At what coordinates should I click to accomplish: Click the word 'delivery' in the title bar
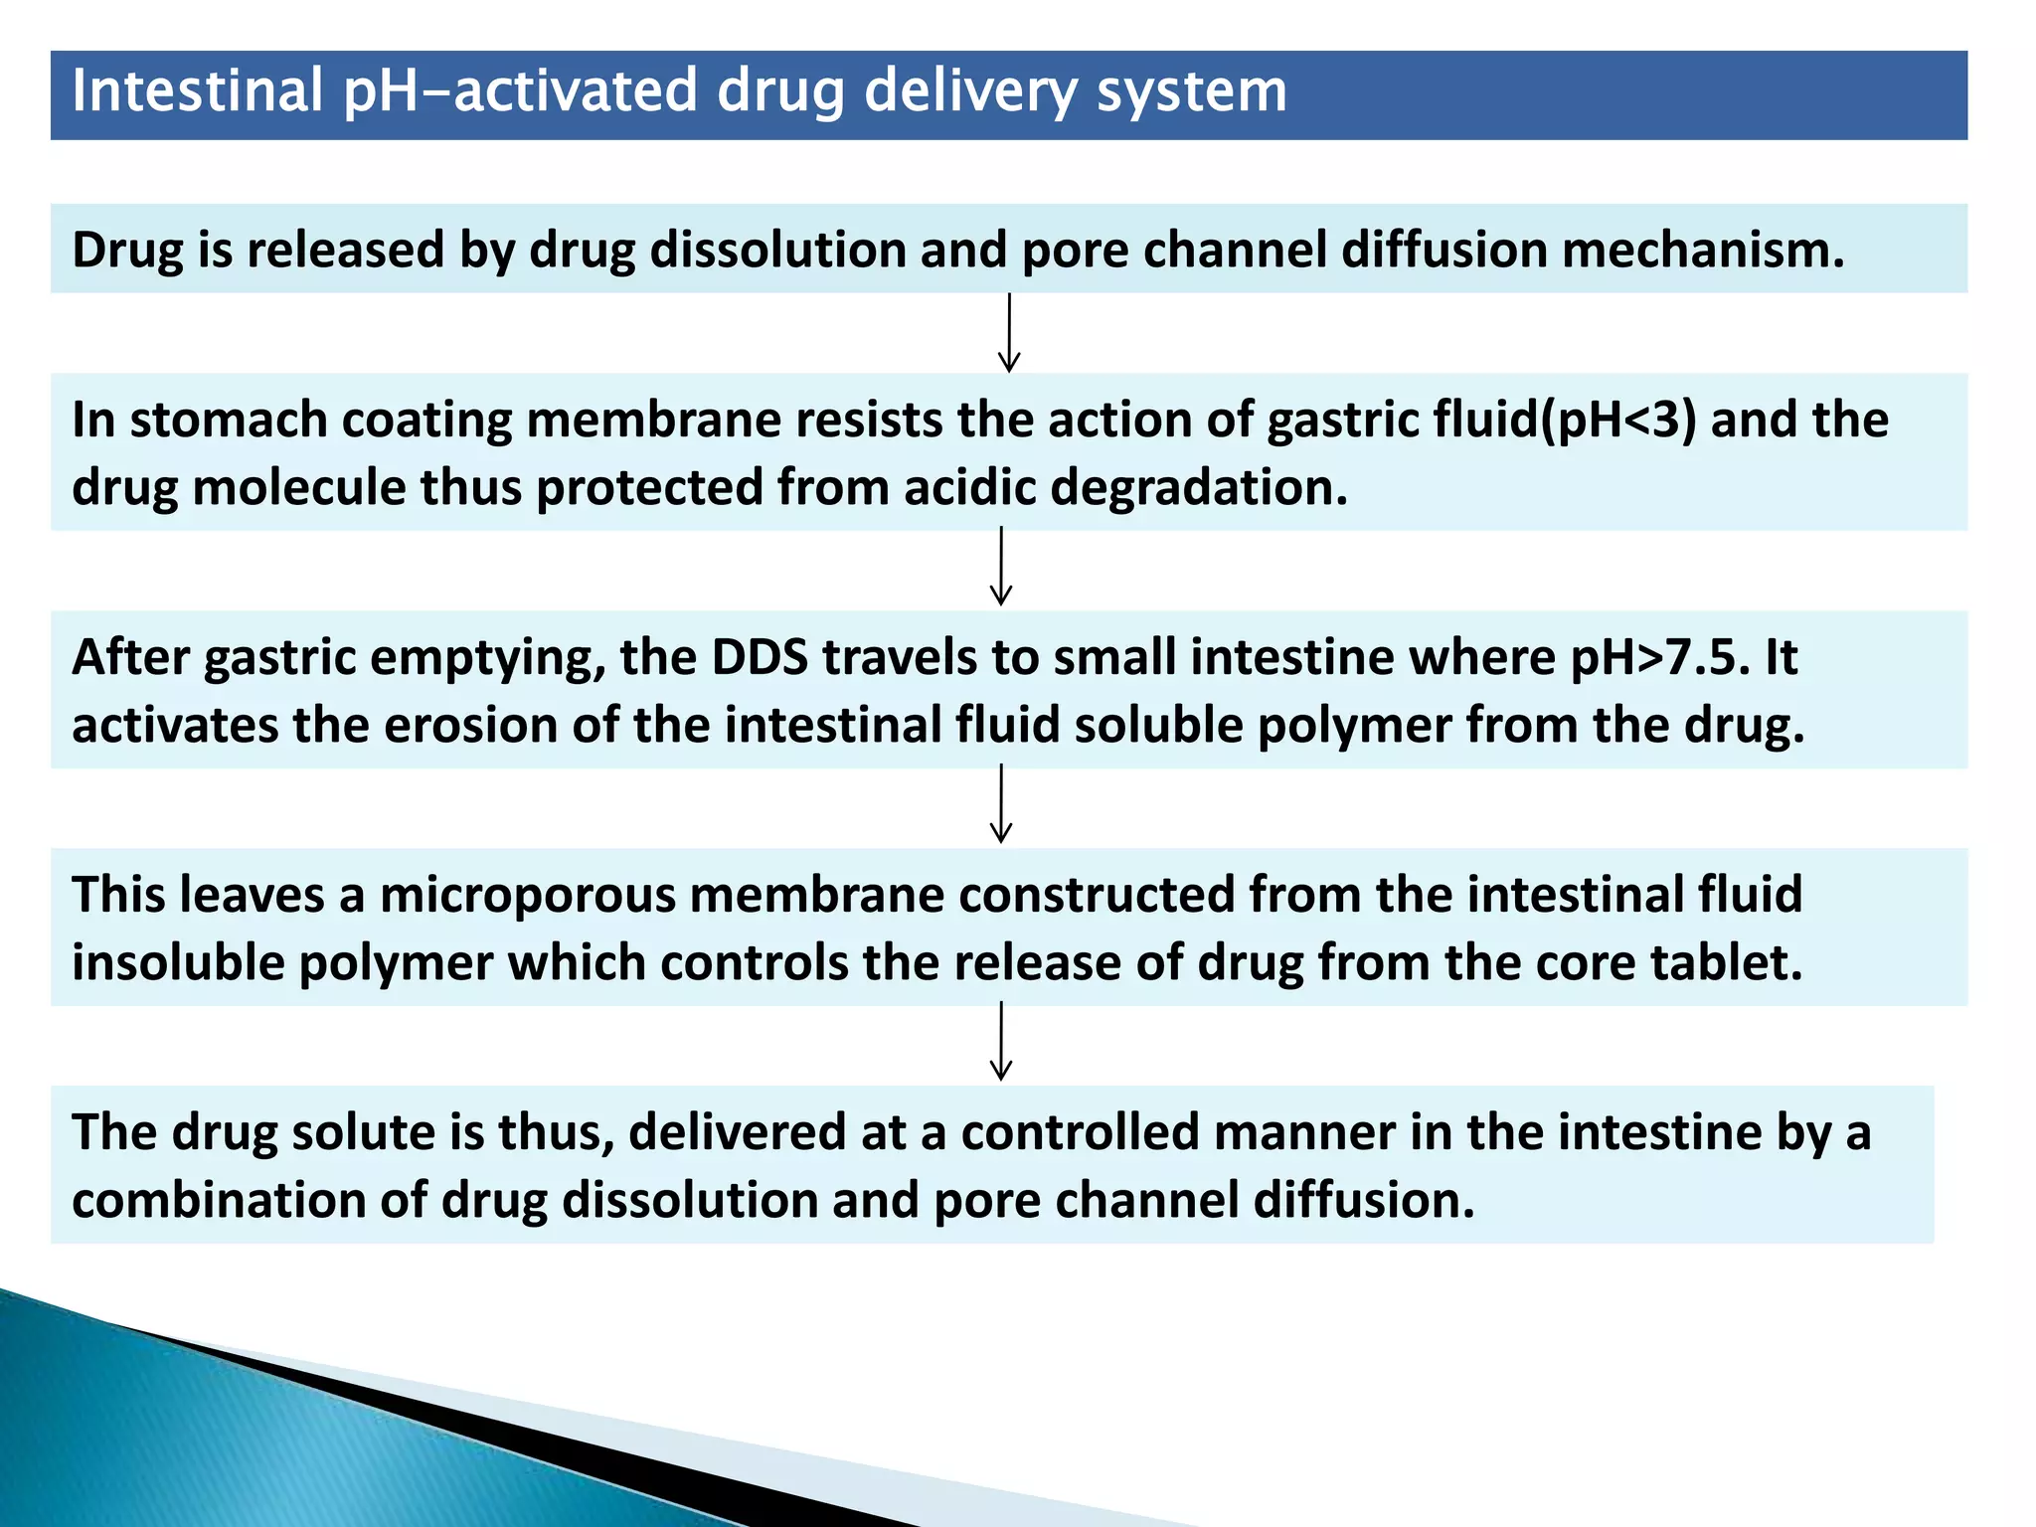point(970,92)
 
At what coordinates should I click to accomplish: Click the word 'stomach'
point(229,420)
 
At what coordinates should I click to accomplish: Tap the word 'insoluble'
point(178,962)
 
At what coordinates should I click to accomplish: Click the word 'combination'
point(218,1200)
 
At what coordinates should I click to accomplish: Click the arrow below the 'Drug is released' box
point(1009,333)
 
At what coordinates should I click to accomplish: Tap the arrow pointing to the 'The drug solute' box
point(1001,1042)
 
